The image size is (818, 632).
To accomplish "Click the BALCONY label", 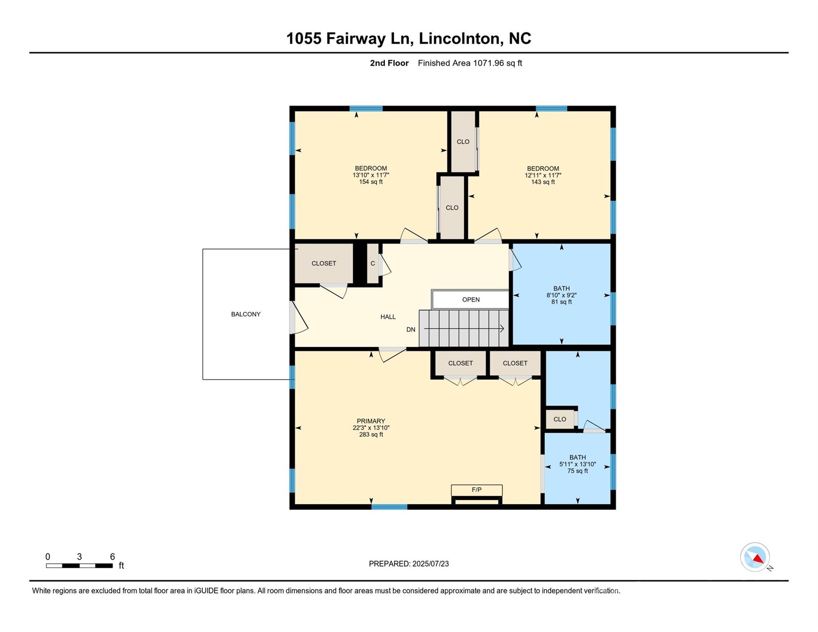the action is [x=246, y=314].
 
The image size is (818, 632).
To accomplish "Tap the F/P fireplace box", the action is [x=476, y=490].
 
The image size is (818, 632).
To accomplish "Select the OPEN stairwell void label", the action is [x=471, y=300].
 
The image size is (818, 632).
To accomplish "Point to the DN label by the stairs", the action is [x=411, y=330].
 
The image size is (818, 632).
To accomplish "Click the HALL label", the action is [x=388, y=317].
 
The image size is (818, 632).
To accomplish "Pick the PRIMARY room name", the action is [x=371, y=421].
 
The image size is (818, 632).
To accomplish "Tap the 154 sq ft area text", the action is [x=371, y=182].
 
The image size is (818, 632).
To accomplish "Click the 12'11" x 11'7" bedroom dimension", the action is [x=543, y=175].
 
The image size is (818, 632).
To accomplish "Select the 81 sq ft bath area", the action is [x=561, y=302].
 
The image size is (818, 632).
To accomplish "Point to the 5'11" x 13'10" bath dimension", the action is [x=577, y=464].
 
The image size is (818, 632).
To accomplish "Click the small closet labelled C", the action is [x=373, y=263].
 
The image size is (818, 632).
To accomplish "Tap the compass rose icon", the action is [x=755, y=557].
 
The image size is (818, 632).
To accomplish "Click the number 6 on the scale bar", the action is [x=112, y=557].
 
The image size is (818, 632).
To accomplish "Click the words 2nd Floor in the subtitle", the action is [x=389, y=63].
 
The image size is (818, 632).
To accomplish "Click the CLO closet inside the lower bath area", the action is [x=560, y=419].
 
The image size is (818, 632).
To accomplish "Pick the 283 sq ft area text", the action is [x=371, y=434].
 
